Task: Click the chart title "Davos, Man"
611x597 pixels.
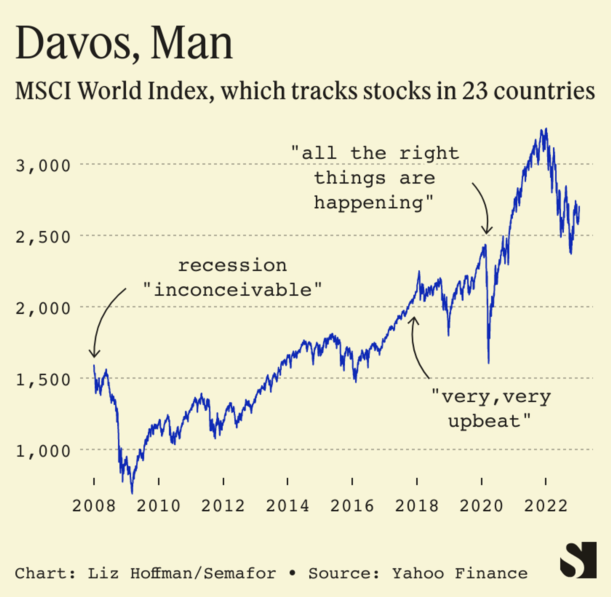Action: [x=124, y=43]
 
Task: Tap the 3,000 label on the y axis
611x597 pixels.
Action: [x=43, y=166]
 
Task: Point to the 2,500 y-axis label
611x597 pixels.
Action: [x=43, y=237]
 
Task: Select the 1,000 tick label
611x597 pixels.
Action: [x=43, y=451]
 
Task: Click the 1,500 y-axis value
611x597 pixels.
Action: [x=43, y=380]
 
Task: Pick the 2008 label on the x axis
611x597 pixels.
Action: [x=94, y=506]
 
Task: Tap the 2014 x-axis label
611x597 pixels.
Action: [x=287, y=506]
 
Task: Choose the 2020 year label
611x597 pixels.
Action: [x=481, y=506]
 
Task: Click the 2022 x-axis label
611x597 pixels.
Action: [x=546, y=506]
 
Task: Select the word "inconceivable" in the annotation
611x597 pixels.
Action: [x=233, y=290]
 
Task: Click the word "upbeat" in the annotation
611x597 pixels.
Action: [x=484, y=421]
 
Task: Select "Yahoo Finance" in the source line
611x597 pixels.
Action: [x=460, y=574]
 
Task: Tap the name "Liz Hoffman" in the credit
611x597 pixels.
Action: [x=140, y=574]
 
